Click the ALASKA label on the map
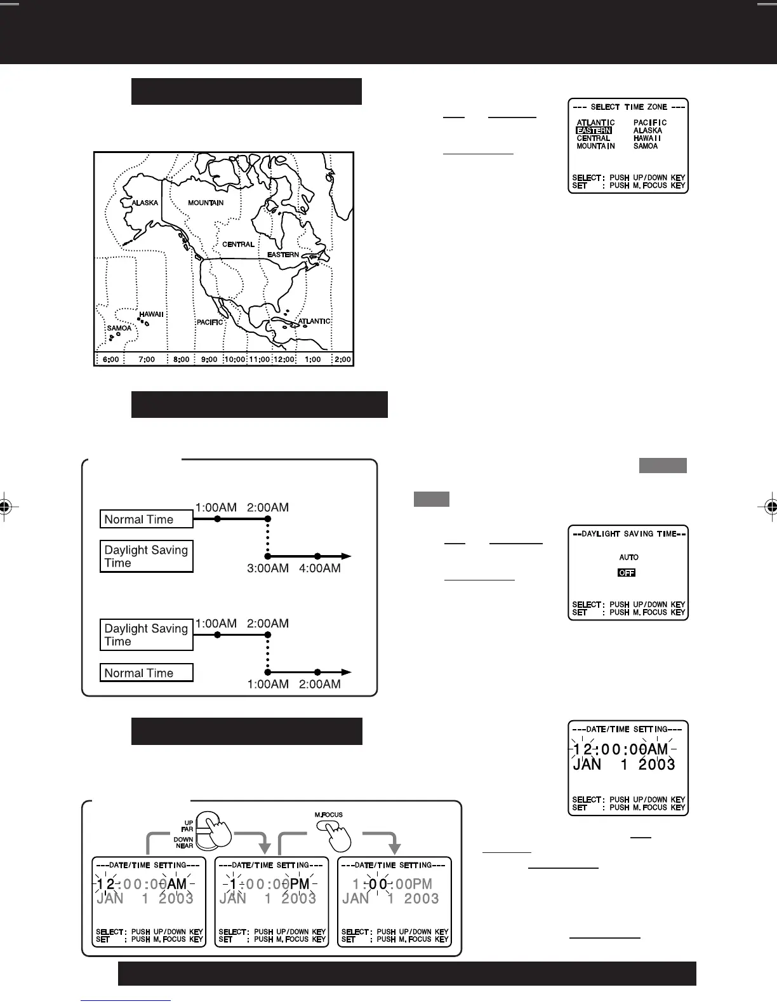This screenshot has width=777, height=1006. pyautogui.click(x=145, y=203)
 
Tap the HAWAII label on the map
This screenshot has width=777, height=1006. pyautogui.click(x=152, y=314)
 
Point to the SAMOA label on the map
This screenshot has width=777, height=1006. pyautogui.click(x=119, y=328)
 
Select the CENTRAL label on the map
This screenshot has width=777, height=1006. pyautogui.click(x=238, y=245)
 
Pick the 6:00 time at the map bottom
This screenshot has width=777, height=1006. pyautogui.click(x=110, y=359)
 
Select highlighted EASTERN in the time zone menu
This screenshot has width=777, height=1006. pyautogui.click(x=594, y=131)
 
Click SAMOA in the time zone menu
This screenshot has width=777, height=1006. pyautogui.click(x=646, y=146)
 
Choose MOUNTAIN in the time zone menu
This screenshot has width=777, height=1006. pyautogui.click(x=595, y=146)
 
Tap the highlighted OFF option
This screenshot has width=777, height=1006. pyautogui.click(x=627, y=573)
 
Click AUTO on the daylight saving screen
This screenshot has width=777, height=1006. pyautogui.click(x=628, y=557)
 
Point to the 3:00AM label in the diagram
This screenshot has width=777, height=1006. pyautogui.click(x=267, y=568)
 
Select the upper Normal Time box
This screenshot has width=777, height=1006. pyautogui.click(x=146, y=520)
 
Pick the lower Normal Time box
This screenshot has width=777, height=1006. pyautogui.click(x=146, y=673)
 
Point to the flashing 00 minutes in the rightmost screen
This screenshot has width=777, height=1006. pyautogui.click(x=378, y=883)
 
